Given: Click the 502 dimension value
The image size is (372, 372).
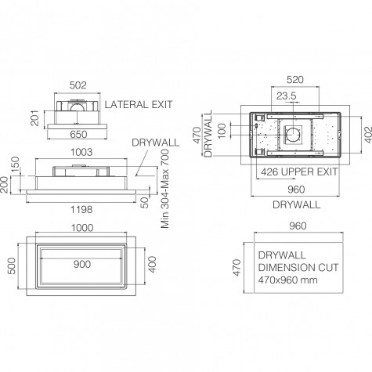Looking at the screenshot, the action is [x=78, y=85].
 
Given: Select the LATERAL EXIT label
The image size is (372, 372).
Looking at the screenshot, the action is [x=139, y=105].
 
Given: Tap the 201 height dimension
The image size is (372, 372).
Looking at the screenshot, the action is [x=35, y=118].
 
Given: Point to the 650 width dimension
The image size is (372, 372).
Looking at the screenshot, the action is [x=78, y=135].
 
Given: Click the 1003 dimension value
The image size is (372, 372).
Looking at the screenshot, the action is [x=81, y=152].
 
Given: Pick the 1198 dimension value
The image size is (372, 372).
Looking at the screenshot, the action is [x=81, y=209].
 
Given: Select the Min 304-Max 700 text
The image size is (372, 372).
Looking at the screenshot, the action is [x=165, y=189].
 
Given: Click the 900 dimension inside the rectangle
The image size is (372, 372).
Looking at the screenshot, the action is [x=82, y=265].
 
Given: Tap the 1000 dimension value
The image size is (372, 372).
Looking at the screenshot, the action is [x=82, y=228].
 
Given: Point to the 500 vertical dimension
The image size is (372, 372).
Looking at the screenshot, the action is [x=12, y=266].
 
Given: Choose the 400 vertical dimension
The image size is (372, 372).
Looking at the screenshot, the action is [x=152, y=265].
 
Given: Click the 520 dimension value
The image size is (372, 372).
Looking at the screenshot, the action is [x=295, y=80].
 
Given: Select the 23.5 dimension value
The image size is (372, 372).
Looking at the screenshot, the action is [x=287, y=96].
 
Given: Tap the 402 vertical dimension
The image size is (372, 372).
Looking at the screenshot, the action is [x=368, y=135].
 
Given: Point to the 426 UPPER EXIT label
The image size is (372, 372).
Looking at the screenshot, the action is [x=299, y=172].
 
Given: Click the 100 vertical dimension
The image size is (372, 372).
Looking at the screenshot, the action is [x=222, y=131].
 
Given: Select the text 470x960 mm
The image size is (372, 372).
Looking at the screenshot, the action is [x=288, y=280].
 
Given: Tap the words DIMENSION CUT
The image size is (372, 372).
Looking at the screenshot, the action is [x=298, y=268].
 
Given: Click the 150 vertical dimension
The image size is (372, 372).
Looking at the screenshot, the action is [x=16, y=164].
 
